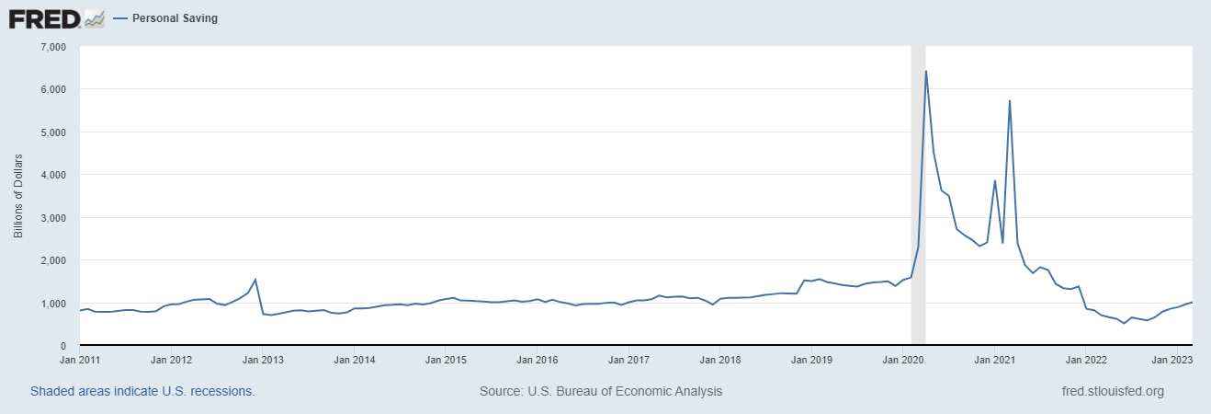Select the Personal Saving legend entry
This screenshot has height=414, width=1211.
coord(172,18)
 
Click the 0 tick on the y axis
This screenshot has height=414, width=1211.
coord(64,346)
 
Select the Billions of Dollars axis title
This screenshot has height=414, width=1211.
coord(18,196)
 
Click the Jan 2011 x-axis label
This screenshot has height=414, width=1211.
coord(79,360)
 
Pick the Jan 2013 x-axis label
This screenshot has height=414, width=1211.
coord(262,360)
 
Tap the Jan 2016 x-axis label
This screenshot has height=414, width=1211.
coord(537,360)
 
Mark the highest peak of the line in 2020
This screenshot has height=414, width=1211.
coord(925,71)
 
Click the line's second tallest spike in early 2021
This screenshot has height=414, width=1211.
coord(1010,101)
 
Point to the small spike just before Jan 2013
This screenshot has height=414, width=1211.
coord(255,280)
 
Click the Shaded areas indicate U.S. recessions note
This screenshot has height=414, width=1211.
coord(142,391)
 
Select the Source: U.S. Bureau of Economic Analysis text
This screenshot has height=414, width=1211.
coord(601,391)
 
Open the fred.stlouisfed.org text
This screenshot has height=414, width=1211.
coord(1112,391)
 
